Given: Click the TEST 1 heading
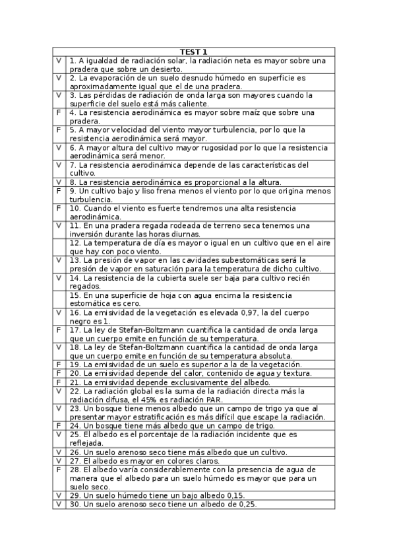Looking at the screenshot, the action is click(194, 52).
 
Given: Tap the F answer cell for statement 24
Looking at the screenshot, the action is click(59, 426).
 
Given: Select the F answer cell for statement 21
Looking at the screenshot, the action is click(59, 381).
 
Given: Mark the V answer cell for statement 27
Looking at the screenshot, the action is click(59, 460).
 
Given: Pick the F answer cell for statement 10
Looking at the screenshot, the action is click(59, 207).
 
